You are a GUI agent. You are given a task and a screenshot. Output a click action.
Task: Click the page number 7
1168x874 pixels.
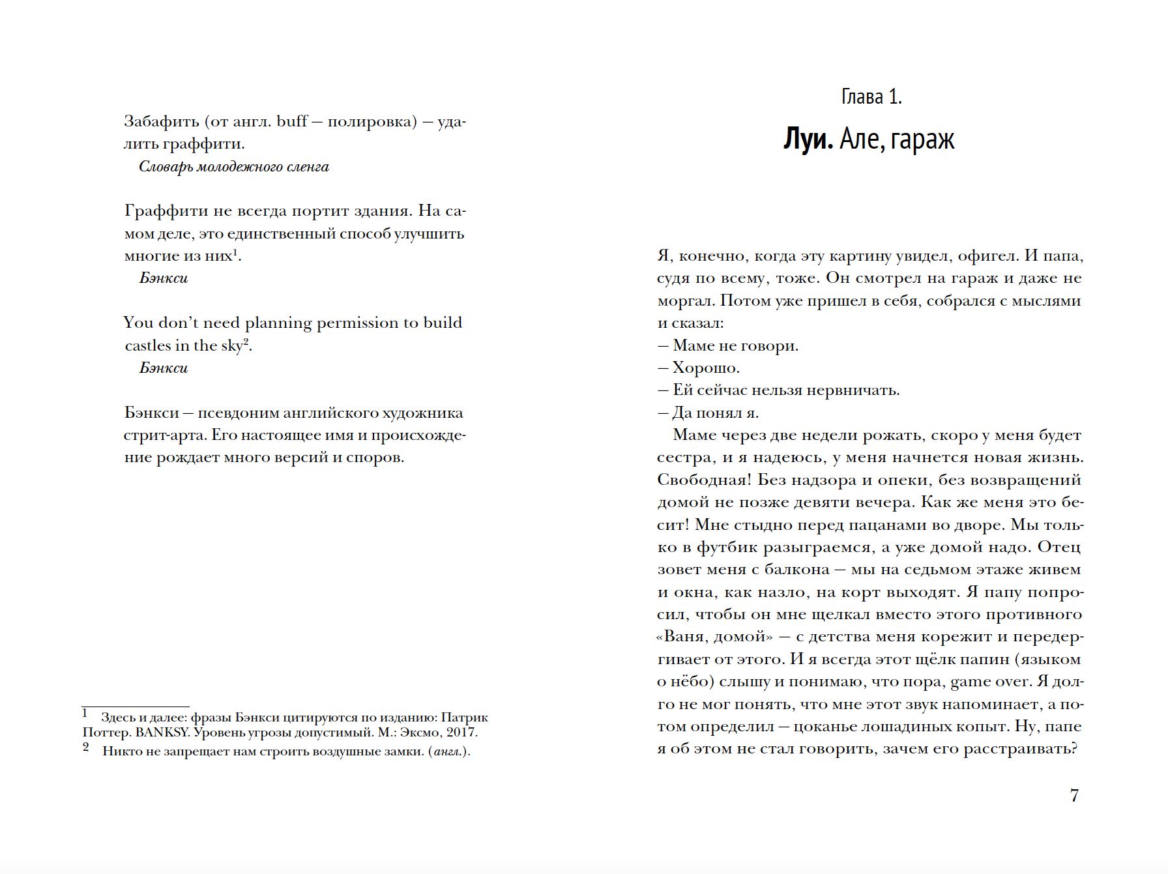1074,796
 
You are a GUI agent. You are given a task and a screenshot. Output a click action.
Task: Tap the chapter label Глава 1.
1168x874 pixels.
871,97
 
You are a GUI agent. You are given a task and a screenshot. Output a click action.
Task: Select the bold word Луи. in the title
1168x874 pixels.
808,139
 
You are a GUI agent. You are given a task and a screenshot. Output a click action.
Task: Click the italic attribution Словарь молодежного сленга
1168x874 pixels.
234,167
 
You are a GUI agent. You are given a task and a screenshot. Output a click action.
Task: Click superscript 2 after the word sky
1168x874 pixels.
246,342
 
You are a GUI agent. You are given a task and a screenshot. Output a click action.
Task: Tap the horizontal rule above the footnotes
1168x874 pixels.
136,706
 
